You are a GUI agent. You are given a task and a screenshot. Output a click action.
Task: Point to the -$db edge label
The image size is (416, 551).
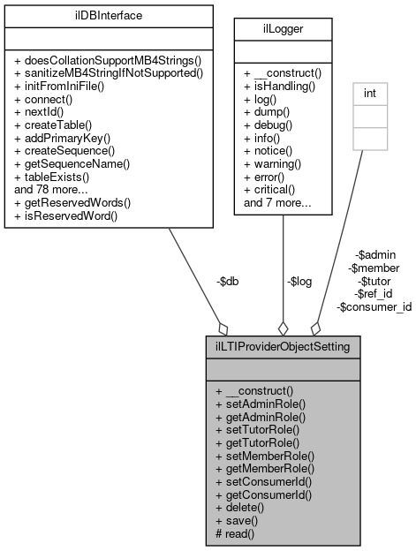(227, 282)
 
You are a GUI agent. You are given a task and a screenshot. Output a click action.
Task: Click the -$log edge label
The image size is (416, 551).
(299, 282)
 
